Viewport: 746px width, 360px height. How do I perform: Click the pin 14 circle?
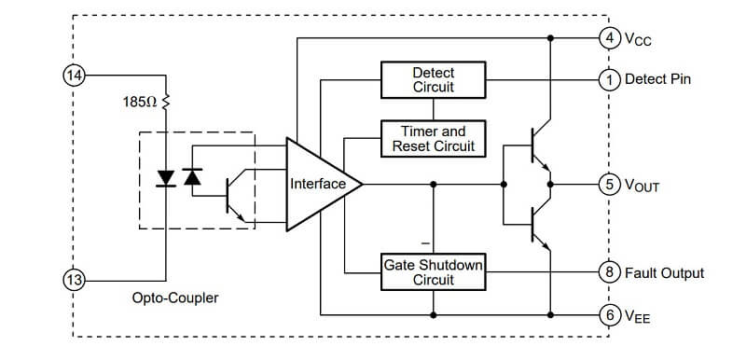74,76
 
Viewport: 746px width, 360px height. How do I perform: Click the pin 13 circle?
74,280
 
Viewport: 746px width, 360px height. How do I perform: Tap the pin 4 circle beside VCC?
610,38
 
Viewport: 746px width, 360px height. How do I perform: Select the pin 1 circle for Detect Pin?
610,80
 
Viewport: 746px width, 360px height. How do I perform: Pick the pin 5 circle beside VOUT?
610,184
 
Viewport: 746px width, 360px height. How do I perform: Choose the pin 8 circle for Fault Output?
610,272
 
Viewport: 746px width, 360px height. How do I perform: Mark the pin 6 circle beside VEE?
610,315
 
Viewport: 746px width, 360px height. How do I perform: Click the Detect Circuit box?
433,80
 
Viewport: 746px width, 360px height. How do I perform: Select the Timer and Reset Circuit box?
433,138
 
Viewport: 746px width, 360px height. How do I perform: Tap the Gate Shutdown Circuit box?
433,272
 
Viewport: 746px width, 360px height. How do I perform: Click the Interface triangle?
319,185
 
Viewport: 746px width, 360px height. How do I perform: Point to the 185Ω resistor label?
140,102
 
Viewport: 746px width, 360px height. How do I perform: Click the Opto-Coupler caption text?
175,298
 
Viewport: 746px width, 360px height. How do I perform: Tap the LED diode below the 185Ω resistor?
166,178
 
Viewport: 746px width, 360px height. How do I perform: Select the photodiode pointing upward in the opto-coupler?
192,177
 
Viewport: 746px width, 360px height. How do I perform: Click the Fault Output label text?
664,273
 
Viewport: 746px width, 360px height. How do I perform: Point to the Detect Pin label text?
657,79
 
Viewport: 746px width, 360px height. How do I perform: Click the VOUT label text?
642,185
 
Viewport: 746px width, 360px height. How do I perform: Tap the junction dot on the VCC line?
550,38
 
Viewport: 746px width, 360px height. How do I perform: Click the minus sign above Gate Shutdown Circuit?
425,243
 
